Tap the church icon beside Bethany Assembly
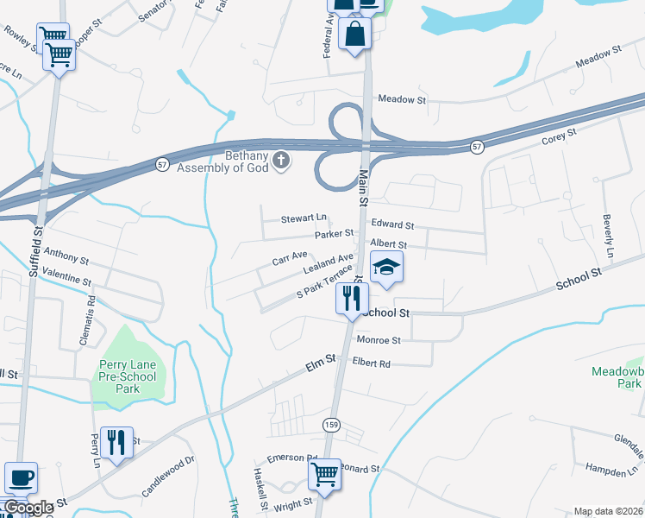(281, 160)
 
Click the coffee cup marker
(21, 477)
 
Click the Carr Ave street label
(290, 257)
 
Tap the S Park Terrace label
(325, 282)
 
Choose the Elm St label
(319, 367)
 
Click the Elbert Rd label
(372, 363)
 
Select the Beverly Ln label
(608, 237)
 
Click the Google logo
(28, 508)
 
